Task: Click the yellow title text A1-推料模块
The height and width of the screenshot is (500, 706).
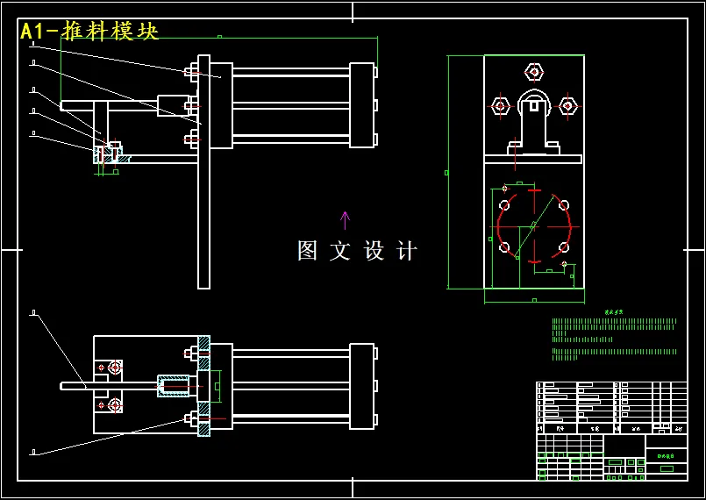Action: (89, 32)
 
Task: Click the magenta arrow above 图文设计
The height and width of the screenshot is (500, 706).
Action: (345, 219)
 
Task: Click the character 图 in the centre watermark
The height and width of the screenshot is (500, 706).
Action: (307, 251)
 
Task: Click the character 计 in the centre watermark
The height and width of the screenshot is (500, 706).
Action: (407, 251)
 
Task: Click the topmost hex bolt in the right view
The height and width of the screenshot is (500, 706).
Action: (533, 71)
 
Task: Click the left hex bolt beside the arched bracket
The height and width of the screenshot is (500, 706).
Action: (500, 106)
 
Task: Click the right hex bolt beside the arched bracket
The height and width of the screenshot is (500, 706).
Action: (567, 106)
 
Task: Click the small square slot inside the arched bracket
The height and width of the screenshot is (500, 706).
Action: (533, 105)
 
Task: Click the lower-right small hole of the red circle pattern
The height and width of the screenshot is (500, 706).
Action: (562, 246)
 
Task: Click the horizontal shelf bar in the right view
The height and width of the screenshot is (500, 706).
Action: (533, 160)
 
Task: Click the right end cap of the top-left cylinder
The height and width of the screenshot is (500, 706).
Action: (361, 105)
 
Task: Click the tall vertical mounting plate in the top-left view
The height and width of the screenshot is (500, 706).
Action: (203, 172)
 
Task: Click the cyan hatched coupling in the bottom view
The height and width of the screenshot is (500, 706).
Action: (173, 385)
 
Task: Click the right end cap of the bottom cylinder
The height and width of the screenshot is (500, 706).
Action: (361, 385)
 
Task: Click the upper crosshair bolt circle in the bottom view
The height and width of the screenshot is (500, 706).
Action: (115, 366)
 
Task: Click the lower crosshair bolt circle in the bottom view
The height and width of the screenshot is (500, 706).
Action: (115, 404)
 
